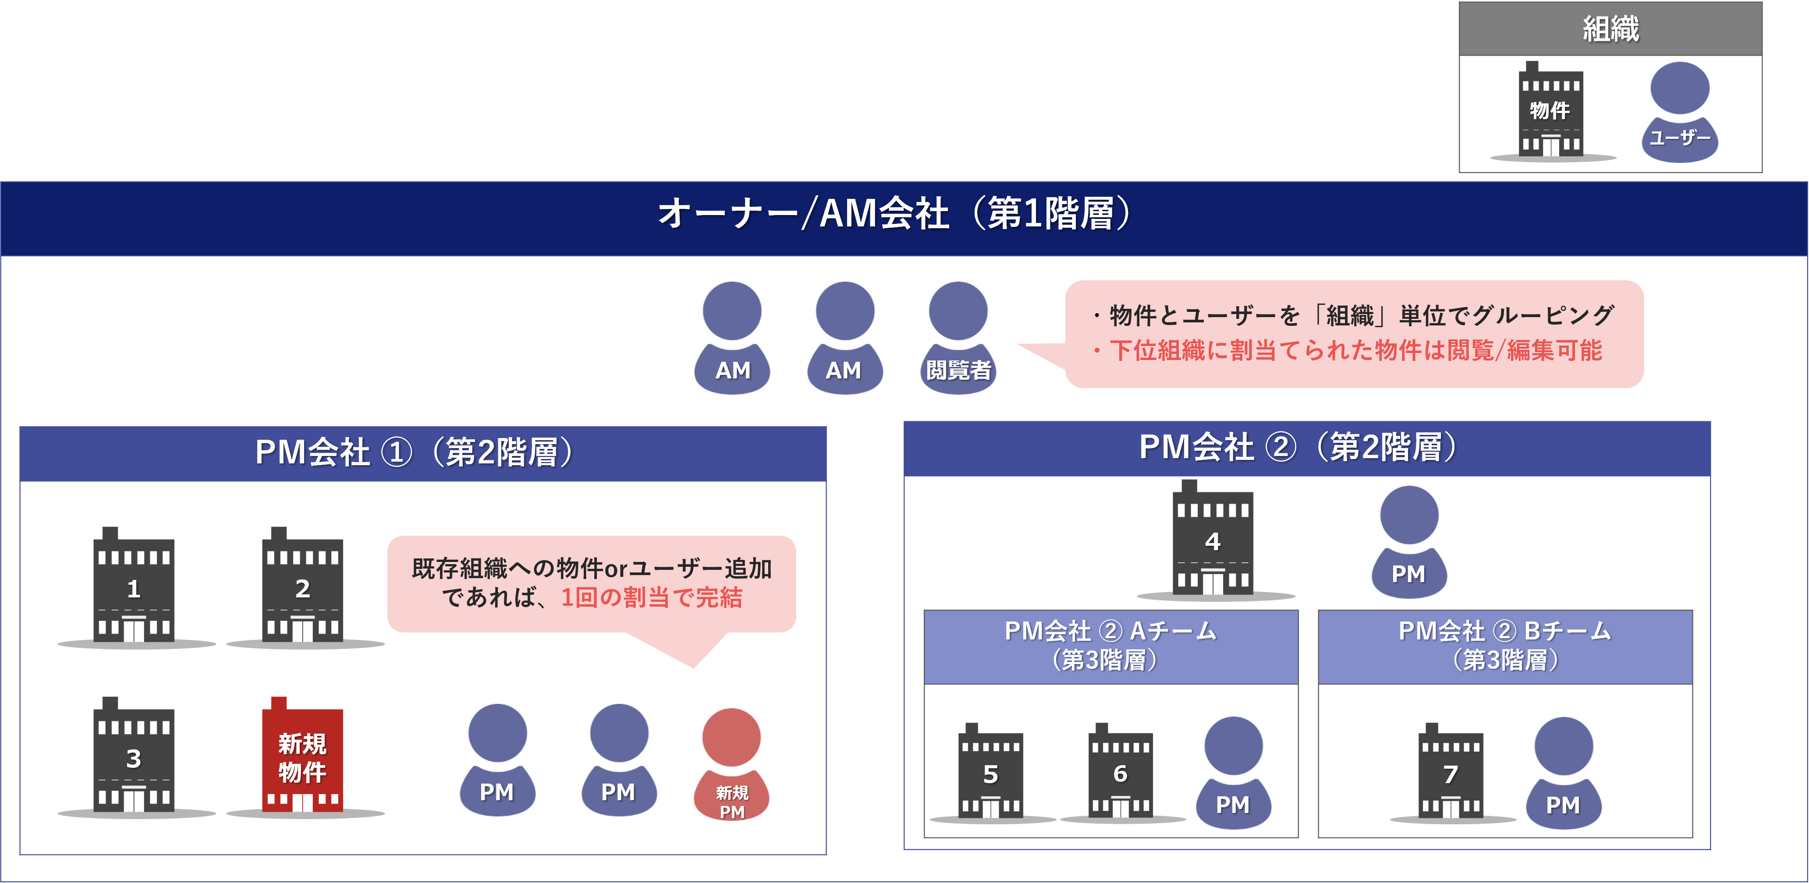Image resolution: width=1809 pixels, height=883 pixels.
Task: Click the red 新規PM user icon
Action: click(x=732, y=765)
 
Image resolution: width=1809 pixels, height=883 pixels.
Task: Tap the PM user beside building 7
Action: click(x=1563, y=773)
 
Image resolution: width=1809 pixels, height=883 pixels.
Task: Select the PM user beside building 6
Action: click(x=1233, y=773)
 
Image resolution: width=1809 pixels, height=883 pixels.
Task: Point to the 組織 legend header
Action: click(x=1610, y=29)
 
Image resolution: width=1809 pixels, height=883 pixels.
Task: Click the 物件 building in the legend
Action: click(x=1550, y=111)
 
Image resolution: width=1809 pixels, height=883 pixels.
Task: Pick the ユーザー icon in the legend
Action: click(x=1680, y=112)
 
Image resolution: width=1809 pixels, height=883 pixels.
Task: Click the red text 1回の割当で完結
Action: click(x=651, y=597)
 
